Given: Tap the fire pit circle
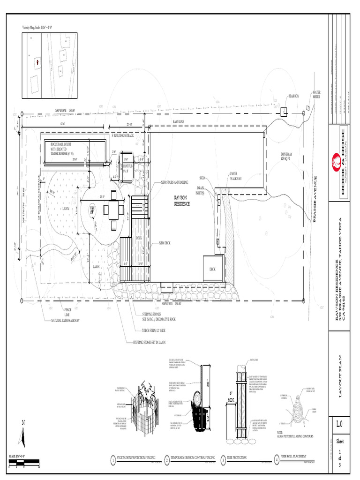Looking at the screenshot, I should [92, 209].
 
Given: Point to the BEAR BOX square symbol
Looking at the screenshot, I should [284, 112].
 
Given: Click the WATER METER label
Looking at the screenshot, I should [316, 95].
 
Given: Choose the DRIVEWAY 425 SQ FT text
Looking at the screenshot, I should [286, 157].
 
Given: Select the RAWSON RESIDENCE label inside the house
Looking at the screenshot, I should [182, 201].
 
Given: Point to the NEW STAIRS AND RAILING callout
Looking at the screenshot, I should [174, 182].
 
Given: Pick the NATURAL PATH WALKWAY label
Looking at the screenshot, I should [65, 321].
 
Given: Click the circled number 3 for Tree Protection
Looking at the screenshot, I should [223, 461].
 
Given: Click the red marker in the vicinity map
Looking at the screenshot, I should [37, 61].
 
